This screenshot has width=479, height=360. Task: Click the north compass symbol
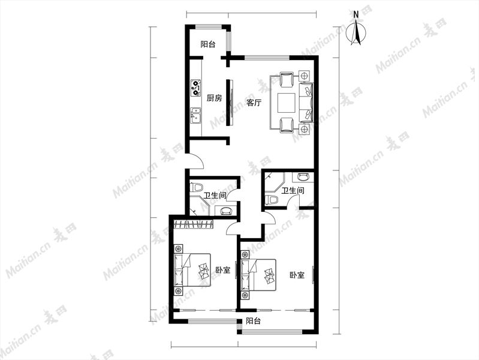356,32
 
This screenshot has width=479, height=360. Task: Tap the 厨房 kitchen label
214,98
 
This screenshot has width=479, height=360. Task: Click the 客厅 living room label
254,103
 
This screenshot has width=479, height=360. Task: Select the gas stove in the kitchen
196,87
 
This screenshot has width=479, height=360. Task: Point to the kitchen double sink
195,116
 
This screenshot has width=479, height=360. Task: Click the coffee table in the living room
286,103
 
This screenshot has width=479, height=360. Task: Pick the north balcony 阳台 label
208,44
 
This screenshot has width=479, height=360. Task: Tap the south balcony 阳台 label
253,321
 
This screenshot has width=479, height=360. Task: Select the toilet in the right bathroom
272,199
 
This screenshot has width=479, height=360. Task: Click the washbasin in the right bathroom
303,177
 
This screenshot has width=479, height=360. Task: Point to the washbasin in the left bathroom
226,211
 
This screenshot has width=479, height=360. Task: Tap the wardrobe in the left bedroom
194,224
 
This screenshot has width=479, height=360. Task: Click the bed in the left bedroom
192,270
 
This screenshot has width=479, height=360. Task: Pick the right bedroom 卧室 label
297,275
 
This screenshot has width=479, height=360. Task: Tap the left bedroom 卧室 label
223,270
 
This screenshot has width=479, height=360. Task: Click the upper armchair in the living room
287,80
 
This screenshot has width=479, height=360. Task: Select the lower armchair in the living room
287,125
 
